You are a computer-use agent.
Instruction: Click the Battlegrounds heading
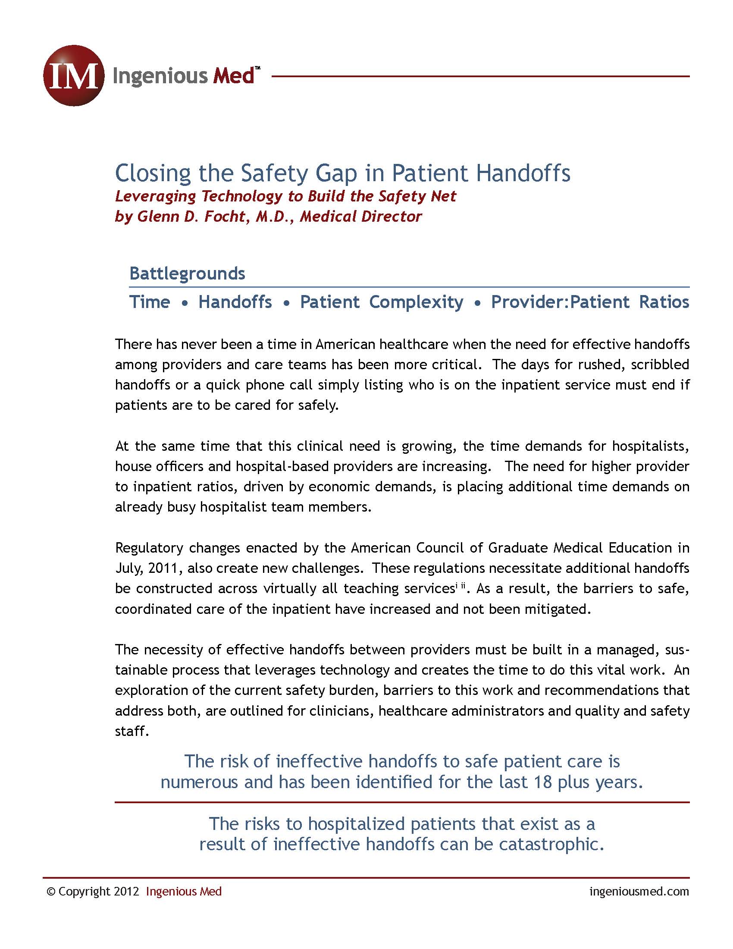[187, 273]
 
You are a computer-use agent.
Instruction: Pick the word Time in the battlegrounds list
[150, 302]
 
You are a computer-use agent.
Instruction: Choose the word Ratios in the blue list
[664, 302]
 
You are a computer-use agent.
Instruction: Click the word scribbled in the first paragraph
[660, 364]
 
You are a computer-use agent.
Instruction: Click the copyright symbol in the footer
[51, 892]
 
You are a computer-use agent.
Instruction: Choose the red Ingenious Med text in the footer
[184, 892]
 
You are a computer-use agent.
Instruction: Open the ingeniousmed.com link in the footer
[639, 892]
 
